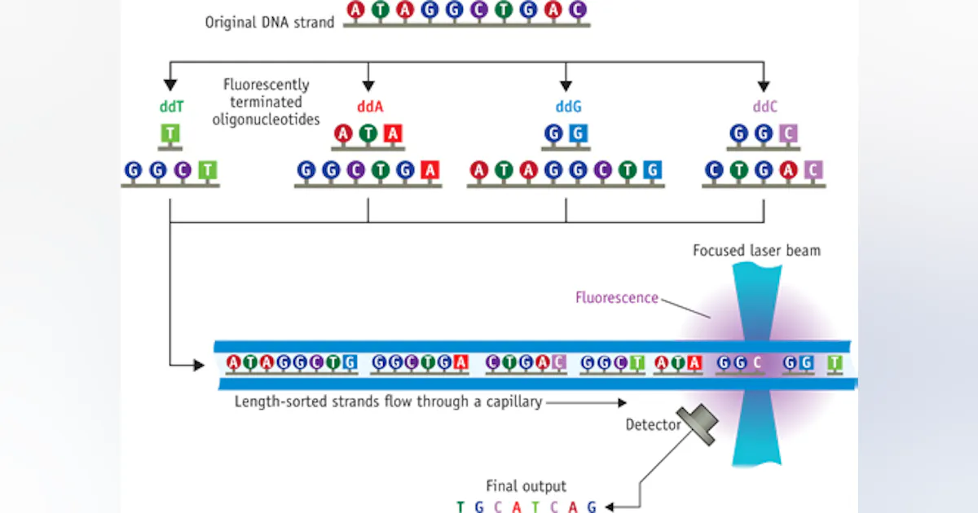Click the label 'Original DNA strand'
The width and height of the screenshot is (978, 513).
269,22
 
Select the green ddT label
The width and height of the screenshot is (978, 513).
170,106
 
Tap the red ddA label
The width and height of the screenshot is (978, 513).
368,106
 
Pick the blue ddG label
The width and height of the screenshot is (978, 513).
566,106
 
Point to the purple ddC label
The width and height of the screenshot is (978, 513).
764,106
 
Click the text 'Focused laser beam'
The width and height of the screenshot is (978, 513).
756,250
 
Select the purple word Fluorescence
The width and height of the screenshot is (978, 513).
617,297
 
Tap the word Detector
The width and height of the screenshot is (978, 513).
653,424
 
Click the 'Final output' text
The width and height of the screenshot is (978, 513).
526,486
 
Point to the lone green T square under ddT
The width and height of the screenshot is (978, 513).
170,134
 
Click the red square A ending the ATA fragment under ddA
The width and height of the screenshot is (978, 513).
394,134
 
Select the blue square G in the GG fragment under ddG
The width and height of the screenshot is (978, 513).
578,134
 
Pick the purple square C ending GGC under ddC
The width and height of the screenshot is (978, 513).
788,134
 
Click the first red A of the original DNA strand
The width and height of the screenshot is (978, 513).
356,10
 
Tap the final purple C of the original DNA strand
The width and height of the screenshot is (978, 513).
577,10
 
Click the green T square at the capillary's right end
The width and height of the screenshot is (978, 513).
835,363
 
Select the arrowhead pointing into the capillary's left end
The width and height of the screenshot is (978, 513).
199,366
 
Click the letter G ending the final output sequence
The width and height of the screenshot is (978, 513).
592,506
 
